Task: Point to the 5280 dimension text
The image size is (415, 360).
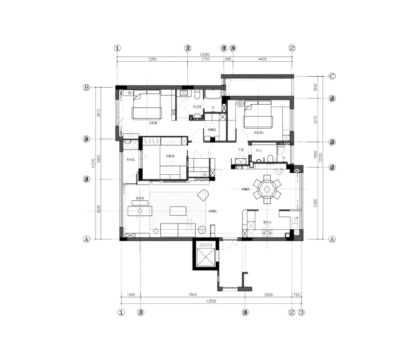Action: tap(152, 59)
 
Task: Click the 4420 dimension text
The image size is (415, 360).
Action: tap(262, 59)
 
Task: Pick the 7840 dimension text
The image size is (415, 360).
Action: tap(192, 295)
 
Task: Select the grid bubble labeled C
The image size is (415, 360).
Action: tap(333, 76)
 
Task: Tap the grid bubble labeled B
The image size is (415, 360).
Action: tap(87, 87)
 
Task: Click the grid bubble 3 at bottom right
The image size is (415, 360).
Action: tap(301, 313)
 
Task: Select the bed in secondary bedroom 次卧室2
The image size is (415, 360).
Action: tap(258, 115)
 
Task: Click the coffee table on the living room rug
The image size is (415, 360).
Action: tap(177, 210)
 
